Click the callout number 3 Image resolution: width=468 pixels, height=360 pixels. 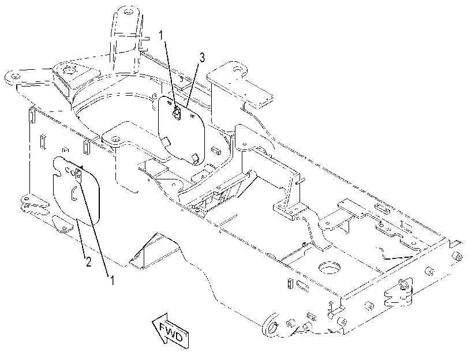(203, 58)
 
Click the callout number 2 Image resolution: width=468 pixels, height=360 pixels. (88, 262)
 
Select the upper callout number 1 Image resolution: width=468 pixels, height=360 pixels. (162, 36)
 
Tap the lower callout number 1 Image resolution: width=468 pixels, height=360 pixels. (112, 280)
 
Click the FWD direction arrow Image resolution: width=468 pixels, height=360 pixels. (170, 331)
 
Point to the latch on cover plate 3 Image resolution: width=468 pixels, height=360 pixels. (177, 113)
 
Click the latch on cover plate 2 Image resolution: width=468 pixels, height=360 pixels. (79, 175)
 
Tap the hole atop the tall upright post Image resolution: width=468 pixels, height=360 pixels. (128, 12)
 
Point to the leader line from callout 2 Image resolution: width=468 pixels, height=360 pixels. (81, 237)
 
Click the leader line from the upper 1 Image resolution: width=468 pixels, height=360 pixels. (170, 76)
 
